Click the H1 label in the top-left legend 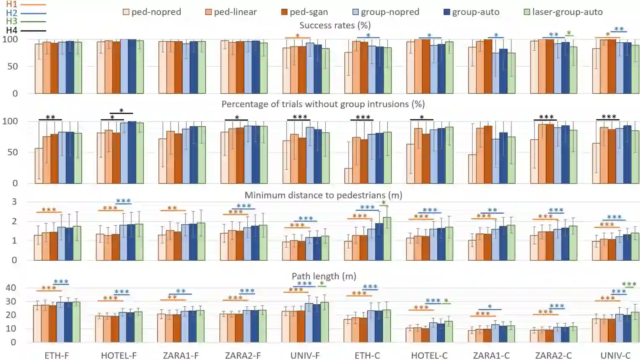11,4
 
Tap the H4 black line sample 33,31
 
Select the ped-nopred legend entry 152,12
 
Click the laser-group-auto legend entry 563,12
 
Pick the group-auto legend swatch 447,12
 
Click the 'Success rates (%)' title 335,25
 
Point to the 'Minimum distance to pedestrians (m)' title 323,195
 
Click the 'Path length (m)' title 324,276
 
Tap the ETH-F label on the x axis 57,355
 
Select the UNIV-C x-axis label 615,355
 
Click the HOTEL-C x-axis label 429,355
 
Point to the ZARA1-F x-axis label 181,355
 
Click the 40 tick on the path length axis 11,288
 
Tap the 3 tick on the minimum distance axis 14,202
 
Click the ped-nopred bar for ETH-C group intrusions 348,176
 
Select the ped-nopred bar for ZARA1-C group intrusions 472,169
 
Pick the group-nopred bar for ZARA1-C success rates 495,73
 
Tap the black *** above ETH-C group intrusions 363,117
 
